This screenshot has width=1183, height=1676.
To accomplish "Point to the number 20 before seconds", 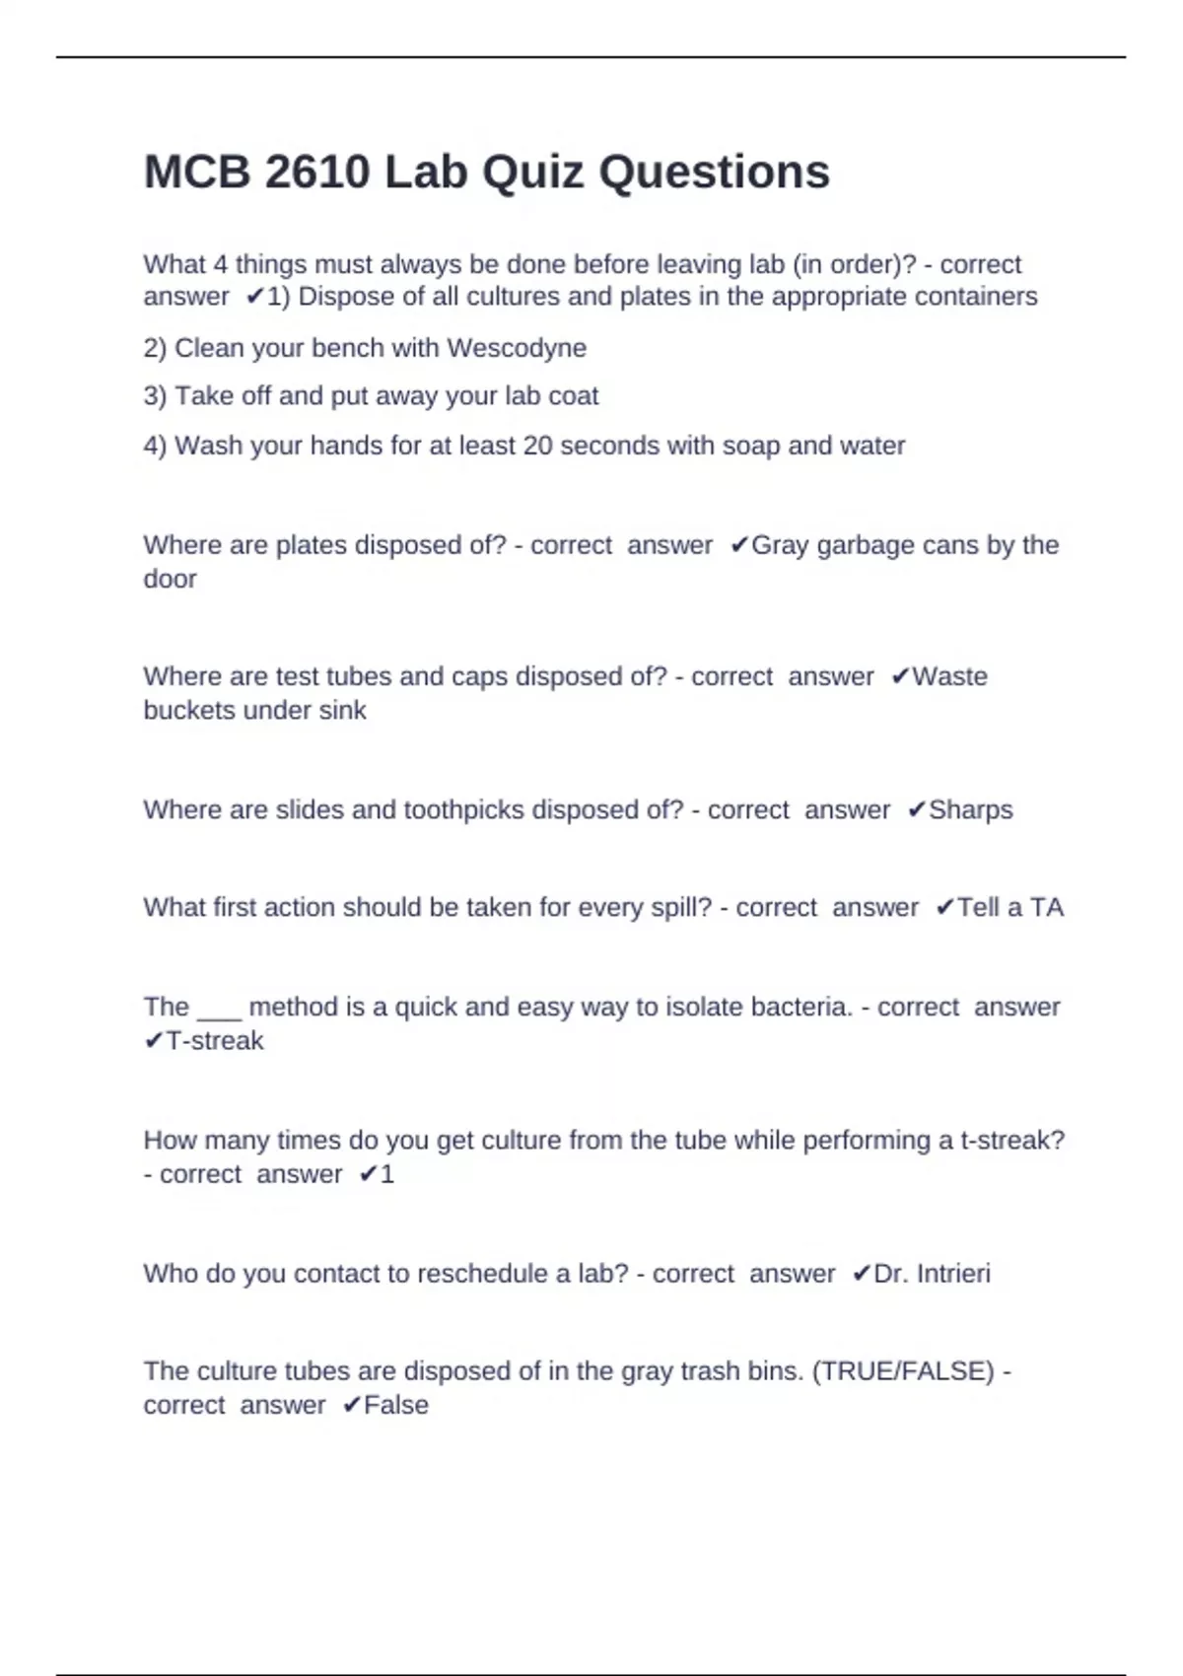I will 537,446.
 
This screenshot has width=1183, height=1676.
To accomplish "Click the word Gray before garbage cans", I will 780,545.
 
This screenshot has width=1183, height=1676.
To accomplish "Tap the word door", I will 170,579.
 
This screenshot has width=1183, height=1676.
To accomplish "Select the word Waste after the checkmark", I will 949,676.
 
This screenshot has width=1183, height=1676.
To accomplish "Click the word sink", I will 342,710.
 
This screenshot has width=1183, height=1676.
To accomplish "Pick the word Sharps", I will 970,809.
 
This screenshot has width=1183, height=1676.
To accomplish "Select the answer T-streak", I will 215,1040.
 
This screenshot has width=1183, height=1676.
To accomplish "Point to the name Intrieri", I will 953,1273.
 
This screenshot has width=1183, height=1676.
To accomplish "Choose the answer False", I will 396,1405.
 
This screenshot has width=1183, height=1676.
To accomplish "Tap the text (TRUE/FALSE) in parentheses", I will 902,1371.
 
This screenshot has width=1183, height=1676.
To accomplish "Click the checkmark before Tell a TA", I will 944,907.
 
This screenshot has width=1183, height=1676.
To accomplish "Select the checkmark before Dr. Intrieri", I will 861,1273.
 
